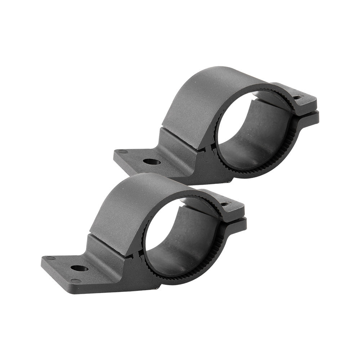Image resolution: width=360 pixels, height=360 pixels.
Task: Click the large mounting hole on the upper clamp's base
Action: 152,162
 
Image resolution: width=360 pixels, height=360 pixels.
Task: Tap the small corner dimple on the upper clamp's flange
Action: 123,152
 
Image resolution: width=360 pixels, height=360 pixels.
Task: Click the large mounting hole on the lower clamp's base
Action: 79,268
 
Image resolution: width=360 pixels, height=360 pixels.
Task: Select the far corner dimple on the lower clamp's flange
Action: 50,258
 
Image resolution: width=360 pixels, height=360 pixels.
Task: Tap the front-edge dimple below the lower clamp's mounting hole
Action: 76,280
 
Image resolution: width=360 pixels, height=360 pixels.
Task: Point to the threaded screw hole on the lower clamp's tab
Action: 225,204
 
